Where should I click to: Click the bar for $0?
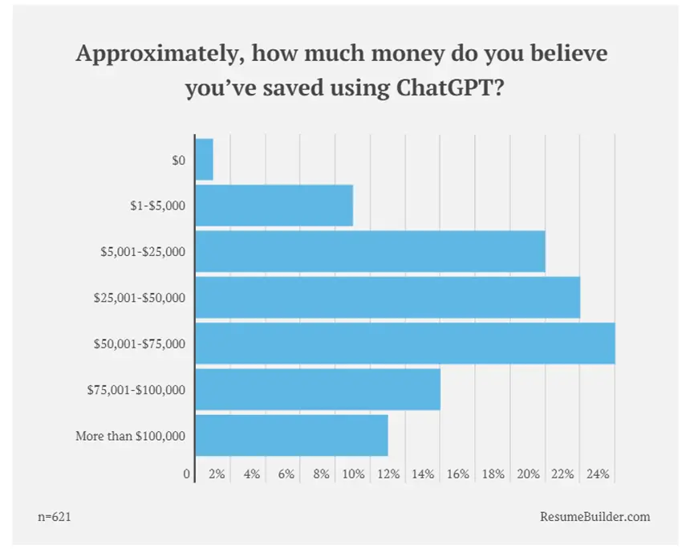pyautogui.click(x=205, y=160)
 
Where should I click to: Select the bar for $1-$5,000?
pyautogui.click(x=274, y=205)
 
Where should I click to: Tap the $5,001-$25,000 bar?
pyautogui.click(x=371, y=251)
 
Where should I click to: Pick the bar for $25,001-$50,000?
pyautogui.click(x=388, y=297)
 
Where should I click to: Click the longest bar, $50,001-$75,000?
pyautogui.click(x=405, y=344)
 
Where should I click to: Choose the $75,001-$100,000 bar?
pyautogui.click(x=318, y=389)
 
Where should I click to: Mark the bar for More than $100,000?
pyautogui.click(x=292, y=435)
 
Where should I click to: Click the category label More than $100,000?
pyautogui.click(x=131, y=436)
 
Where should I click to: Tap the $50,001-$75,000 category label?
pyautogui.click(x=140, y=344)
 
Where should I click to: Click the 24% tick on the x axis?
pyautogui.click(x=599, y=474)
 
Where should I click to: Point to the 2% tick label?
pyautogui.click(x=217, y=474)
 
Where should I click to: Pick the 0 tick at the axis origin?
pyautogui.click(x=187, y=474)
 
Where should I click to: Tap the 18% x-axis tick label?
pyautogui.click(x=493, y=474)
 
